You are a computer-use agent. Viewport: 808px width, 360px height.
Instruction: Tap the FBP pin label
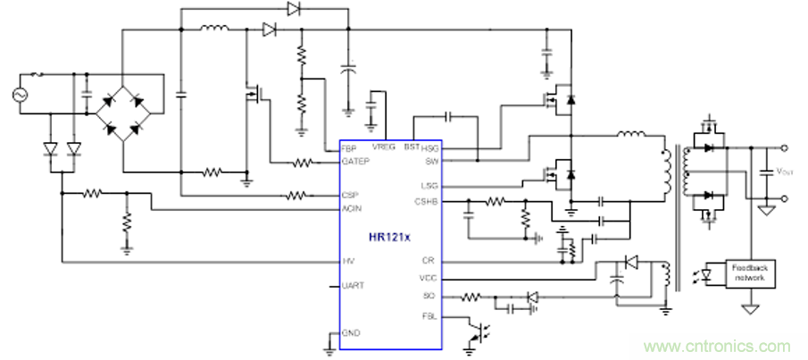[348, 147]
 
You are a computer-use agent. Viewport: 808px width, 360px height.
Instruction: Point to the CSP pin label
[349, 195]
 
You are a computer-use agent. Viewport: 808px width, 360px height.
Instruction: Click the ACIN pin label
[350, 209]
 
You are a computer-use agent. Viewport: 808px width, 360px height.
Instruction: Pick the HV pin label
[346, 261]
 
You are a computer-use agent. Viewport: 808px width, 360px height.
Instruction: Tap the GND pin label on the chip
[350, 333]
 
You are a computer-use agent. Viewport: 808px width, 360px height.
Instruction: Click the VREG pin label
[384, 146]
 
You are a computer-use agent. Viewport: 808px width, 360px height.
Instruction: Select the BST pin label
[411, 146]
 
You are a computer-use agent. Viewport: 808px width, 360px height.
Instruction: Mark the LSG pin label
[430, 186]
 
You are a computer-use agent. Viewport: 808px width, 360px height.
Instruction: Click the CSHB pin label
[427, 202]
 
